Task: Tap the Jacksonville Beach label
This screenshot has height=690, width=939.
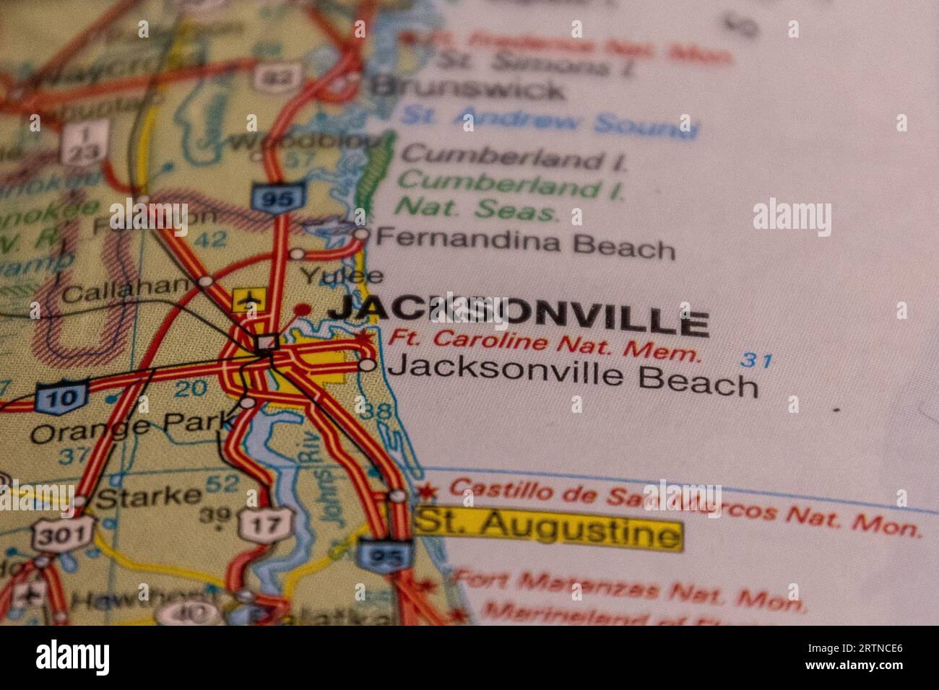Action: tap(573, 377)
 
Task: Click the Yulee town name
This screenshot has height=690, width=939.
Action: tap(342, 275)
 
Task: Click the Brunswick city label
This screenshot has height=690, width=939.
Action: tap(467, 88)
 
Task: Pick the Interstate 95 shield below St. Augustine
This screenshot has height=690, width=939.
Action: tap(385, 555)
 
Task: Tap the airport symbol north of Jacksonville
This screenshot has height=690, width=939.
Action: tap(249, 299)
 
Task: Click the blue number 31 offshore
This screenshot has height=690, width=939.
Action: tap(757, 360)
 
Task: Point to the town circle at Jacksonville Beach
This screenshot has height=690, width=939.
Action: tap(368, 365)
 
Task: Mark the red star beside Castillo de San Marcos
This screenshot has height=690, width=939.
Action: tap(428, 492)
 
